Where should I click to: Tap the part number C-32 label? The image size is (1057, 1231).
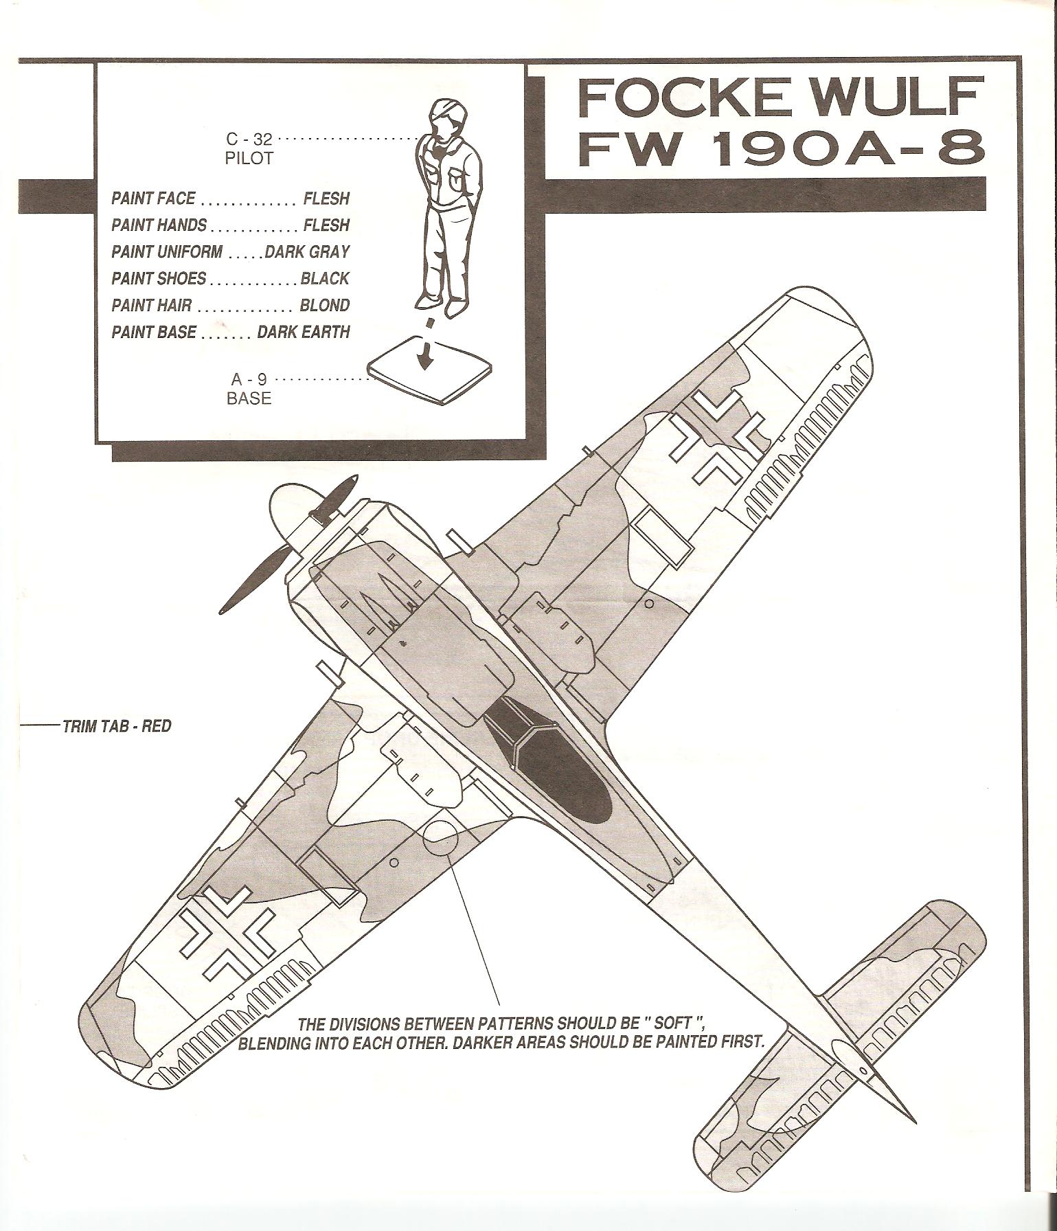[x=249, y=139]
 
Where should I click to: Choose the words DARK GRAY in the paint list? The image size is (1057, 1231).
[x=307, y=252]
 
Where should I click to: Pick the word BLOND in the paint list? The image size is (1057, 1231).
[x=324, y=306]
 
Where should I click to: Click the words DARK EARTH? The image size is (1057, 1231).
[x=303, y=332]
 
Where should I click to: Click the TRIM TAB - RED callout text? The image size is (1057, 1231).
[x=117, y=726]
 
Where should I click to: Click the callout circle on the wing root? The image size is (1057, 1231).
[x=440, y=837]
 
